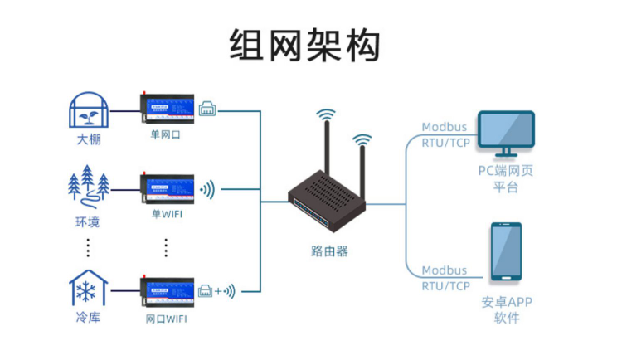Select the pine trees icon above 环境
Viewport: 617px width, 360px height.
[x=88, y=184]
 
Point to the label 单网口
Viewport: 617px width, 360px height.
[x=165, y=134]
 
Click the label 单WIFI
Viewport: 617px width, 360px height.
[x=166, y=212]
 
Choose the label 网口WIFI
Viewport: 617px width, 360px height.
[x=166, y=319]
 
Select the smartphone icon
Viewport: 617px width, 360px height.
[x=505, y=251]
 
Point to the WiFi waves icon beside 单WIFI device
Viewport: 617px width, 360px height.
[x=206, y=189]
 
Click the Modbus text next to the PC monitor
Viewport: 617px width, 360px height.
[x=444, y=127]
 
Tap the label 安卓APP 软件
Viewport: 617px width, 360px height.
[x=506, y=309]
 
